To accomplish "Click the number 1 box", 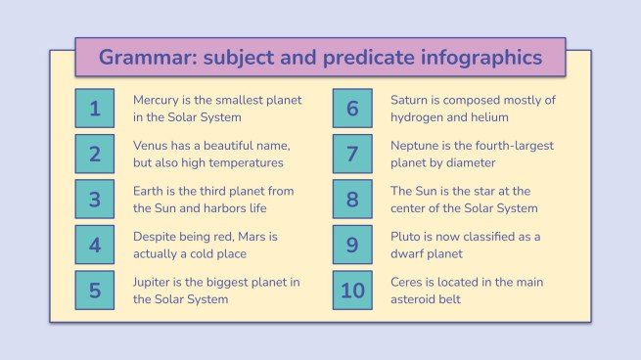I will (95, 109).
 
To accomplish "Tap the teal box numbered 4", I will (95, 245).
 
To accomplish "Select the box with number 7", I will (352, 154).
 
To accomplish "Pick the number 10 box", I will (352, 290).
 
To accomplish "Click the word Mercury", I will (157, 101).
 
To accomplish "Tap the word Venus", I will (151, 146).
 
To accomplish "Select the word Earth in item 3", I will (149, 191).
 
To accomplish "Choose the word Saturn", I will (411, 101).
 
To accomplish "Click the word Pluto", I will (406, 237).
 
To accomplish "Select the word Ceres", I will (408, 282).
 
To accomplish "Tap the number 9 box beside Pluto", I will (352, 245).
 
